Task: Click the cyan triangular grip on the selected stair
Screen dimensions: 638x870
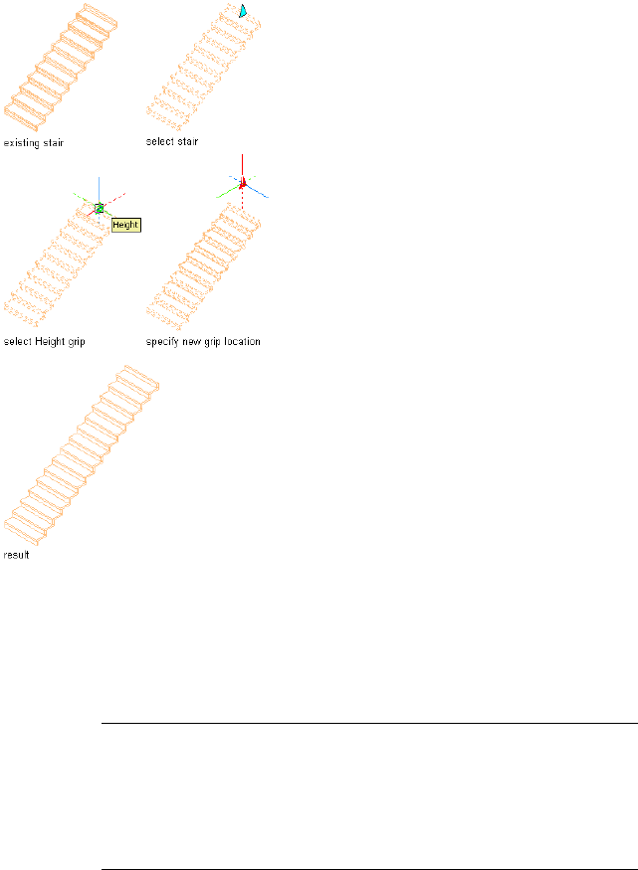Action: click(x=242, y=11)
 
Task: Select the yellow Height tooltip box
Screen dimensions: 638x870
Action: click(x=125, y=225)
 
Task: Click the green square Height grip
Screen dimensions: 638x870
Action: click(x=100, y=208)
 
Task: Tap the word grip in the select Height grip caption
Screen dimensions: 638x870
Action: click(x=76, y=342)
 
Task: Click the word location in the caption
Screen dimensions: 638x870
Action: click(x=241, y=342)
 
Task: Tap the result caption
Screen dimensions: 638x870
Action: click(x=17, y=555)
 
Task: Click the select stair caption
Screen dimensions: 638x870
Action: click(x=172, y=142)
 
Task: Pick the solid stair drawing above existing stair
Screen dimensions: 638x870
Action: click(x=49, y=68)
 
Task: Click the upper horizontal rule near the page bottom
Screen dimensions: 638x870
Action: click(x=369, y=724)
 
